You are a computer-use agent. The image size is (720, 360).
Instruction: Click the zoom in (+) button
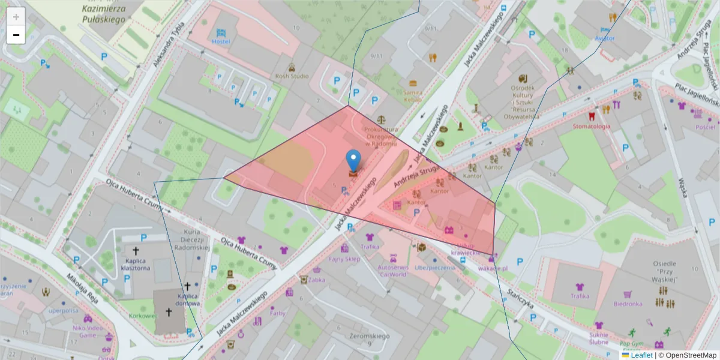[16, 17]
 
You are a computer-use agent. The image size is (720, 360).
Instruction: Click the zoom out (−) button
[16, 35]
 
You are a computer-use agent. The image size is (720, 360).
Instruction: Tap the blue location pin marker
[354, 161]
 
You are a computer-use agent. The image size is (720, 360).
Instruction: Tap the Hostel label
[221, 41]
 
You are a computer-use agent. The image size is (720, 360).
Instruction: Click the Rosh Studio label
[292, 76]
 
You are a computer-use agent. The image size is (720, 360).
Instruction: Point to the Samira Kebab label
[413, 97]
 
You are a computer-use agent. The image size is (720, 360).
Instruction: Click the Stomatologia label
[591, 127]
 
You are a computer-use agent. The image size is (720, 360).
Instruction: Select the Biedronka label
[628, 304]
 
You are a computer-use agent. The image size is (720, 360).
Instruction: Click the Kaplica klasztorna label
[136, 265]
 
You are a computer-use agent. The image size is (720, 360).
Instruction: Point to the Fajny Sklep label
[344, 259]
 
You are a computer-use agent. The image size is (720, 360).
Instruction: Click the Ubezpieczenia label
[434, 268]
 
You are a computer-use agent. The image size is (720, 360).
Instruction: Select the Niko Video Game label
[88, 331]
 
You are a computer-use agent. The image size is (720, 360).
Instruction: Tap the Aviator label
[605, 38]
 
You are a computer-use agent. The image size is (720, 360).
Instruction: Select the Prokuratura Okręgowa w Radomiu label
[380, 136]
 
